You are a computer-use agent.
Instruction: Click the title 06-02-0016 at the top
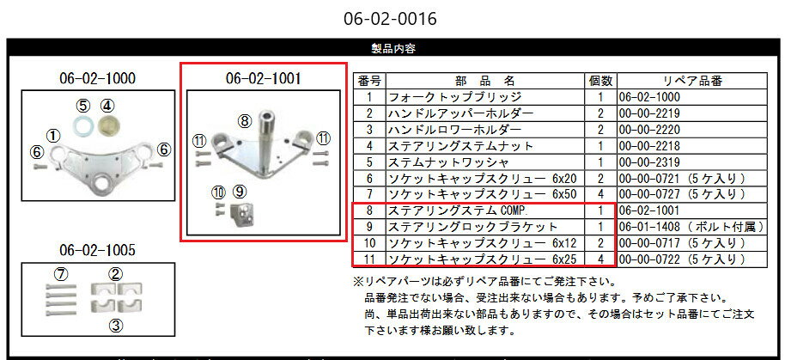point(392,17)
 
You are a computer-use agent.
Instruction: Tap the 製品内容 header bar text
point(392,49)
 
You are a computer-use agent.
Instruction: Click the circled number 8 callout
point(244,121)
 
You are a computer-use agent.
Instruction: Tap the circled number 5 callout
point(83,106)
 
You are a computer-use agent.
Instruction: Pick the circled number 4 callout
point(107,106)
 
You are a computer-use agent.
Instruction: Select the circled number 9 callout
point(240,191)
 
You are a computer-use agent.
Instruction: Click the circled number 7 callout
point(60,274)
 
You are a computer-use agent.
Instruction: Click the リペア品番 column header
point(687,81)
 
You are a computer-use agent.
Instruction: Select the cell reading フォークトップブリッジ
point(455,97)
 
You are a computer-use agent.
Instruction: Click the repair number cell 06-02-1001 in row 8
point(648,211)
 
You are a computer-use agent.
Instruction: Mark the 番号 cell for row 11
point(368,259)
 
